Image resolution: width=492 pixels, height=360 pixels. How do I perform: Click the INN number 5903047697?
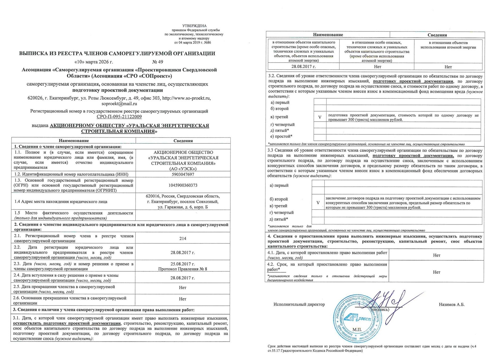tap(183, 174)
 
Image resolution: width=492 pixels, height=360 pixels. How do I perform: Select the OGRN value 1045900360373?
tap(183, 185)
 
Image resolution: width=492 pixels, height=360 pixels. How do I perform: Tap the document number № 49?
tap(158, 62)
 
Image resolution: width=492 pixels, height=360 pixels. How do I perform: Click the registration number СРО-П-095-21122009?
tap(119, 117)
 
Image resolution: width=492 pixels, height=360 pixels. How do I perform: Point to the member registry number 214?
tap(183, 239)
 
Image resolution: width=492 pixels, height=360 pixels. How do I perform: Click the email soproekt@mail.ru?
tap(119, 104)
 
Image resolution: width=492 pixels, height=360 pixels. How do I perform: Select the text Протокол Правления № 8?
tap(183, 269)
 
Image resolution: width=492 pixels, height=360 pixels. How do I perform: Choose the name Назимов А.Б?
tap(452, 305)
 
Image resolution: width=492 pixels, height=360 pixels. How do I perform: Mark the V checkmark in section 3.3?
tap(318, 203)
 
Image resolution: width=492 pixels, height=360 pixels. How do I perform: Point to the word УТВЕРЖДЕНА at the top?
tap(194, 26)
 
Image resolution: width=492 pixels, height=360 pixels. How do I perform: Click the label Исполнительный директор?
tap(299, 305)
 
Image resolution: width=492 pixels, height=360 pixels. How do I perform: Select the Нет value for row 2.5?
tap(183, 288)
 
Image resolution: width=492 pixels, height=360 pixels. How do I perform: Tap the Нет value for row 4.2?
tap(437, 272)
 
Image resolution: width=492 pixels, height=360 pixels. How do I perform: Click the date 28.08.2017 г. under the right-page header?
tap(303, 67)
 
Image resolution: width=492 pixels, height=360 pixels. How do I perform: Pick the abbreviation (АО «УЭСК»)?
tap(183, 169)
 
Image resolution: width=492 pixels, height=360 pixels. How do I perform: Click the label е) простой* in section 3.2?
tap(281, 137)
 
